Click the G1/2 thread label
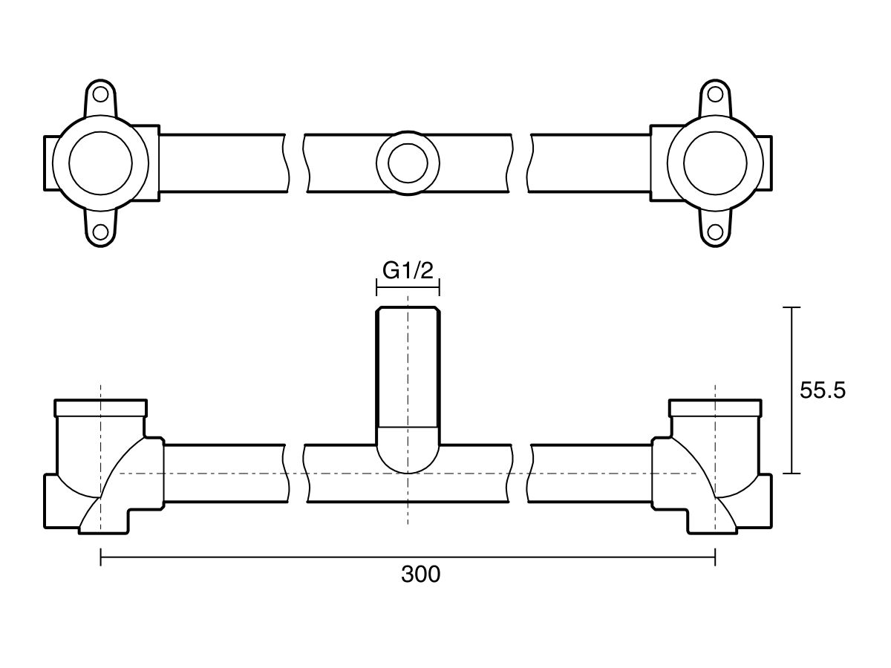(408, 271)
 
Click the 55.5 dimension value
(823, 390)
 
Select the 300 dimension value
(420, 574)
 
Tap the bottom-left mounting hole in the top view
(101, 232)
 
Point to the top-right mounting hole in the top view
(715, 94)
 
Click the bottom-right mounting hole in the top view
(715, 232)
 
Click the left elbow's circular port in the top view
(101, 163)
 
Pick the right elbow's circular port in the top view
(715, 163)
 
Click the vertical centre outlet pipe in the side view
(408, 371)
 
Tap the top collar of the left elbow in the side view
(101, 407)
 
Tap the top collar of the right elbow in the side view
(715, 407)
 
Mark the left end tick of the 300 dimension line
(101, 557)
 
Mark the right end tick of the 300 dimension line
(715, 557)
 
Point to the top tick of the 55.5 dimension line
(792, 307)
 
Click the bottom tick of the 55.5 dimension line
(792, 473)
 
